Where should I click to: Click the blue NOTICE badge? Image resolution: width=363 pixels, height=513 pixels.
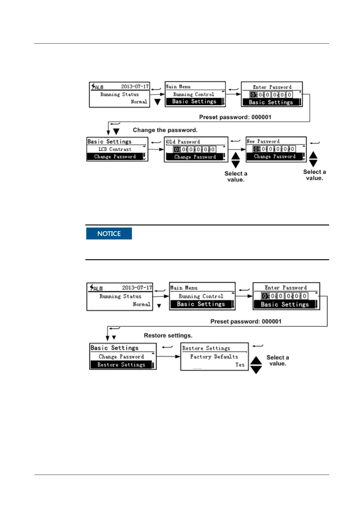(x=109, y=234)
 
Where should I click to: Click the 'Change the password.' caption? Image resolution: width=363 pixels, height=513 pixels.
(x=165, y=130)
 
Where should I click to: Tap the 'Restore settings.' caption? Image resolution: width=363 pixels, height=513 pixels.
(x=168, y=335)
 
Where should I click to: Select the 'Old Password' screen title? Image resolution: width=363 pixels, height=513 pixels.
(x=183, y=142)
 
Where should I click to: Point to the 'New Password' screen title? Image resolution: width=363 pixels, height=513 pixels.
(x=263, y=141)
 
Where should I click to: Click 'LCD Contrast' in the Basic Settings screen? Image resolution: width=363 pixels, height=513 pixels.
(x=115, y=149)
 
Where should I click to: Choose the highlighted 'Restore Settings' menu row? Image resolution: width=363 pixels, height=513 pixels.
(x=121, y=365)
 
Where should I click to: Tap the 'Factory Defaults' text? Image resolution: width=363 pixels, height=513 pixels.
(x=214, y=357)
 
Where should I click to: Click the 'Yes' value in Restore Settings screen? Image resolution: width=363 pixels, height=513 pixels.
(x=240, y=365)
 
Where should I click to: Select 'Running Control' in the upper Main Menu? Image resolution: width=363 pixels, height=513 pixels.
(x=194, y=94)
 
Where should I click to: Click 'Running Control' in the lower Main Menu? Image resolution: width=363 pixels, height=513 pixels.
(x=201, y=296)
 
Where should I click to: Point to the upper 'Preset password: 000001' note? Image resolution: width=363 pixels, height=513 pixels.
(x=235, y=117)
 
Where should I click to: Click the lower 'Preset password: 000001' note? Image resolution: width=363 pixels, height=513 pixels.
(x=246, y=321)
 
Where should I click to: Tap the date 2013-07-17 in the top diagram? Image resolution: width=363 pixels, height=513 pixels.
(x=135, y=87)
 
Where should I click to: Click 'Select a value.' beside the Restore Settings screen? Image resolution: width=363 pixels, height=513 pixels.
(x=277, y=360)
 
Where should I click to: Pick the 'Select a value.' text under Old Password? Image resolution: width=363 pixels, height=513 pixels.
(x=236, y=176)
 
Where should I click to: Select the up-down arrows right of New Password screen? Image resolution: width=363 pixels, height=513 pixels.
(x=313, y=159)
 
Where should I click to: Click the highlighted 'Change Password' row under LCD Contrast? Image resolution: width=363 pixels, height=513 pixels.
(x=115, y=157)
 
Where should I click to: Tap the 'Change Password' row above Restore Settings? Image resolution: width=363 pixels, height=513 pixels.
(x=121, y=357)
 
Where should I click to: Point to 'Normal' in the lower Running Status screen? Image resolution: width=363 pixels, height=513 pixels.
(x=141, y=304)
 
